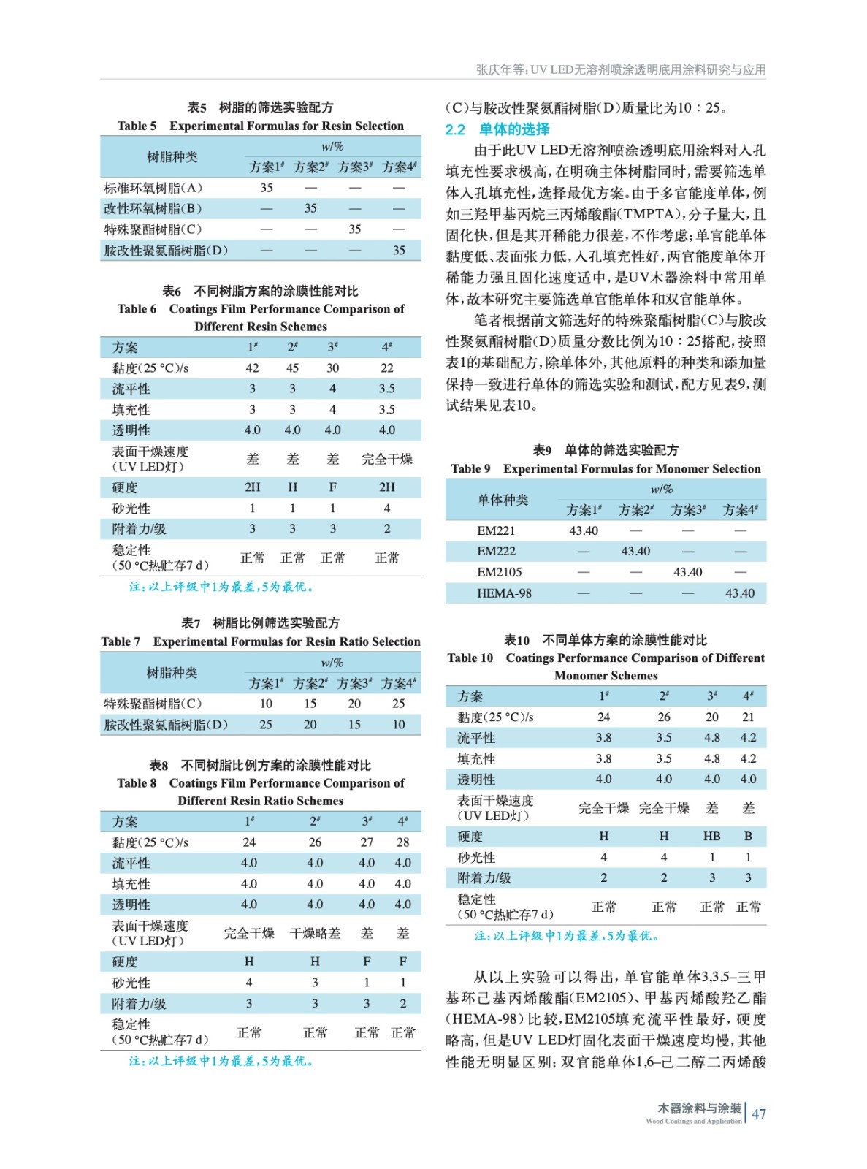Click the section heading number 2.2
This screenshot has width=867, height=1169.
tap(455, 129)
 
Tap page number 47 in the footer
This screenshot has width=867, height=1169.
tap(759, 1113)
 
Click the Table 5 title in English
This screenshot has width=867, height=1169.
tap(261, 126)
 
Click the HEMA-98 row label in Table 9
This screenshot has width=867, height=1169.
tap(504, 593)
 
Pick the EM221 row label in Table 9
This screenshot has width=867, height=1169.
tap(496, 530)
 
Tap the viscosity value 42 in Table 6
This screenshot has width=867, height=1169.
tap(252, 368)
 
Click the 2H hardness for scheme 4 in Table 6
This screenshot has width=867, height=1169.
tap(386, 487)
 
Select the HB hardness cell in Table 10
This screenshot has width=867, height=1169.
tap(711, 837)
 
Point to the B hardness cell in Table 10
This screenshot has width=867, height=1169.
tap(748, 837)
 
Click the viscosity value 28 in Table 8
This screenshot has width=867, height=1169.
tap(402, 842)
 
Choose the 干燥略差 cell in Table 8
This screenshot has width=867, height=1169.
tap(315, 934)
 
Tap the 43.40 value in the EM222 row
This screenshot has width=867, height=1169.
tap(635, 552)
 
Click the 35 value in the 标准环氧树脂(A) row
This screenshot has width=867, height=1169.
tap(267, 188)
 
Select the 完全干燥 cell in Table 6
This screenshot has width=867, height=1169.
tap(386, 459)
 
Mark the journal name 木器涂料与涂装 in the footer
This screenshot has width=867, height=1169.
tap(699, 1108)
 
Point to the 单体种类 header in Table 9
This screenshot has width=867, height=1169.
tap(503, 500)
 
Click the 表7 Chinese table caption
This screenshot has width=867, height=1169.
tap(261, 623)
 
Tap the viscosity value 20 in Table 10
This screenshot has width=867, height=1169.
tap(711, 717)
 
